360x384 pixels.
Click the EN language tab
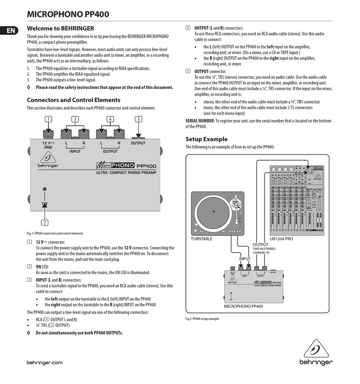click(x=11, y=30)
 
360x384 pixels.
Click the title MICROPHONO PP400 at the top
click(x=68, y=14)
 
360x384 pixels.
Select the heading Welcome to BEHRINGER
click(x=60, y=28)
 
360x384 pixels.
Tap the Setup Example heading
click(x=207, y=139)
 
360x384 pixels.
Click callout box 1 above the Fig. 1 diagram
click(x=48, y=119)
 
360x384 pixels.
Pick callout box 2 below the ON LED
click(x=45, y=223)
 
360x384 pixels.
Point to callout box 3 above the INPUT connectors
click(x=75, y=119)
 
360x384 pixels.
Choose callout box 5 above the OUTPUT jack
click(x=139, y=119)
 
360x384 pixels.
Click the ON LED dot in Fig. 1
click(x=45, y=189)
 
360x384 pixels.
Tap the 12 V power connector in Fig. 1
click(x=48, y=133)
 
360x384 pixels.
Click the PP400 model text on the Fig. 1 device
click(x=146, y=166)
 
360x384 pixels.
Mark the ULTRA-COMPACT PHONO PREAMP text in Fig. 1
click(x=126, y=173)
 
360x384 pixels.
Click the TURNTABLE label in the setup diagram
click(x=202, y=239)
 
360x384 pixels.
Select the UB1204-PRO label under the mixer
click(x=281, y=239)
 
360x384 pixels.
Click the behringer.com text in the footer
click(x=44, y=362)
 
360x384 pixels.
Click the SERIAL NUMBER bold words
click(x=200, y=121)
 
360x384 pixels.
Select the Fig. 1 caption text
click(x=55, y=233)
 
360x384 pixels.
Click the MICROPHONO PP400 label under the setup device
click(x=243, y=306)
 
